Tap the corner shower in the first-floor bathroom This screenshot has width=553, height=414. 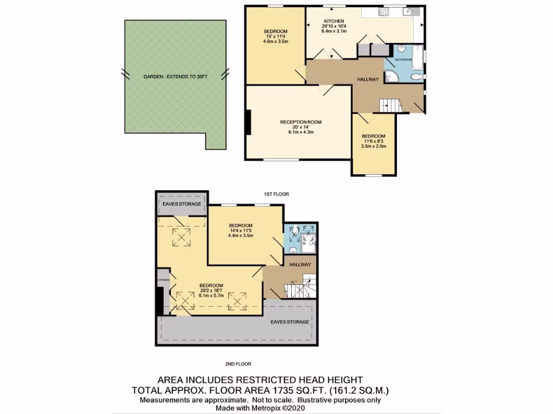391,77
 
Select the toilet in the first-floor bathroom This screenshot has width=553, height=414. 416,78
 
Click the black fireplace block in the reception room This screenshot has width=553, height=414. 248,122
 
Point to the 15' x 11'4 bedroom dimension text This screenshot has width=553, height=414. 275,36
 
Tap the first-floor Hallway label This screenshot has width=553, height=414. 368,80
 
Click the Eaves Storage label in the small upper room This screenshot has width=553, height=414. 182,204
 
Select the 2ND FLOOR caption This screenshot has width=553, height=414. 238,364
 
